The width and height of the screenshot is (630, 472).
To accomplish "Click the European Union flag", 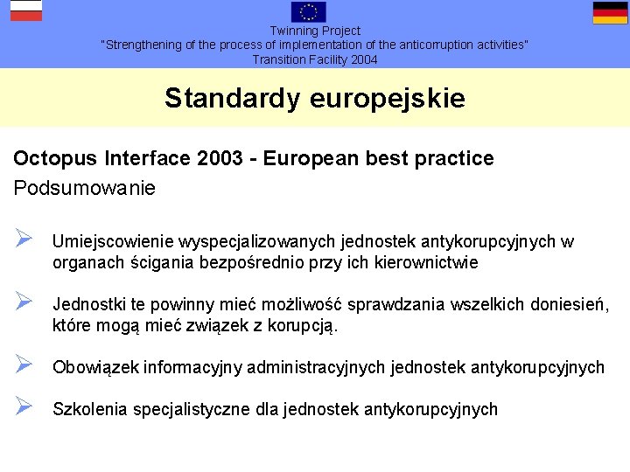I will pyautogui.click(x=309, y=11).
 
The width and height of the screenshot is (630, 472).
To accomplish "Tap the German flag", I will pyautogui.click(x=610, y=12).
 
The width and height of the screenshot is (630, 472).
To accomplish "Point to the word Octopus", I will pyautogui.click(x=54, y=159).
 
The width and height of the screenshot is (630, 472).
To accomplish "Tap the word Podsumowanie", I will pyautogui.click(x=84, y=188).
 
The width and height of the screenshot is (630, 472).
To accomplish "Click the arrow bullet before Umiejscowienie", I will pyautogui.click(x=24, y=239).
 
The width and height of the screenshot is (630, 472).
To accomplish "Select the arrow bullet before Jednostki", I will pyautogui.click(x=24, y=302).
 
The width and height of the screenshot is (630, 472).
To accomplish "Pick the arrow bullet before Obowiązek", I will pyautogui.click(x=24, y=364).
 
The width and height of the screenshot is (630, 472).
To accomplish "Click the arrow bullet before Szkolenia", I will pyautogui.click(x=24, y=406).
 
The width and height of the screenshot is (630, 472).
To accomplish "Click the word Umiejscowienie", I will pyautogui.click(x=113, y=242).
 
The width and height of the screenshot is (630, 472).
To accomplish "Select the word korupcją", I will pyautogui.click(x=304, y=326).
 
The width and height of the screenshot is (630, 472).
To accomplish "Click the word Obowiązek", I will pyautogui.click(x=96, y=368).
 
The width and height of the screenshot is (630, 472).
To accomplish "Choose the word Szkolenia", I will pyautogui.click(x=90, y=410).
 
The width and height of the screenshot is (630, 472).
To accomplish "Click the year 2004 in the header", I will pyautogui.click(x=361, y=59).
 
